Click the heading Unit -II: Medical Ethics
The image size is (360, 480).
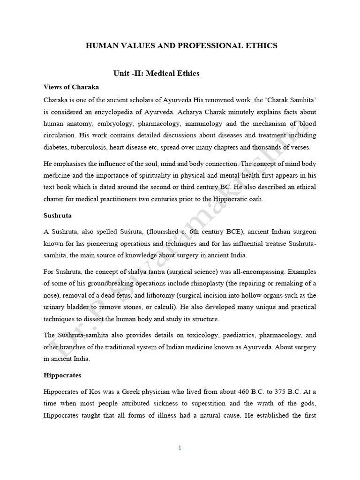tap(156, 73)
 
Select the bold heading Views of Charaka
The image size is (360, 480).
tap(71, 87)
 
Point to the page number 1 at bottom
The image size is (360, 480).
tap(180, 448)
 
